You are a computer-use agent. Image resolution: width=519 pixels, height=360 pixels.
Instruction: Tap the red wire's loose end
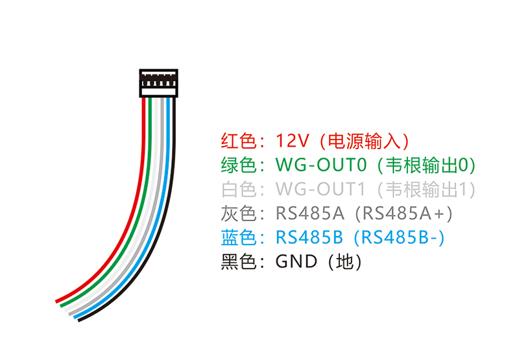point(58,300)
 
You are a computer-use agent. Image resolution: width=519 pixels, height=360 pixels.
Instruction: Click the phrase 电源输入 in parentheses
point(359,141)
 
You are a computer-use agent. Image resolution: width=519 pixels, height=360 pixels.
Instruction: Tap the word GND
point(296,262)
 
